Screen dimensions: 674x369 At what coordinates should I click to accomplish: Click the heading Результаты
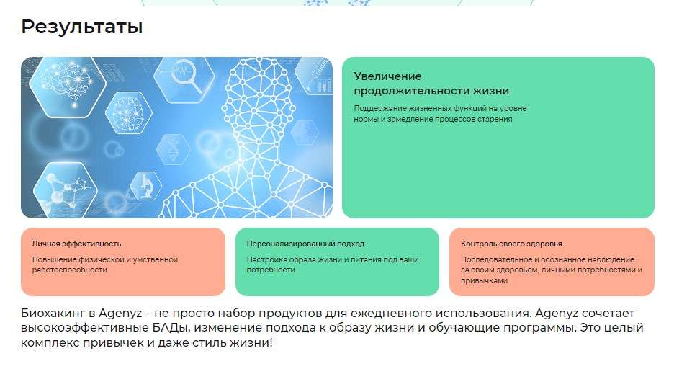click(x=81, y=27)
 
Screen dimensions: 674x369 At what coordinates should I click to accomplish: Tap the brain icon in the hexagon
click(x=67, y=85)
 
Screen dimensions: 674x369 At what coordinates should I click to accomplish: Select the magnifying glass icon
click(x=185, y=77)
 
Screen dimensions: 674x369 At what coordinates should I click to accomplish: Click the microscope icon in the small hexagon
click(x=146, y=186)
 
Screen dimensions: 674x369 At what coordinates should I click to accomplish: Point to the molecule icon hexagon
click(x=66, y=190)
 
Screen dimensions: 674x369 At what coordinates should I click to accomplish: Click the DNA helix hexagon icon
click(x=174, y=149)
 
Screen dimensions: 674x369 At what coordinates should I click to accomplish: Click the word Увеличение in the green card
click(x=387, y=76)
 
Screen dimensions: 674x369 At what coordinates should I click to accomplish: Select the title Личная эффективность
click(x=76, y=244)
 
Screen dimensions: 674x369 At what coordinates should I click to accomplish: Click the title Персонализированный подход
click(x=305, y=244)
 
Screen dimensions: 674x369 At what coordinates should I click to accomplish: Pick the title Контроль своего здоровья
click(x=511, y=244)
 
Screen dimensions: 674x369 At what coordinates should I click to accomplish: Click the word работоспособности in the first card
click(x=70, y=270)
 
